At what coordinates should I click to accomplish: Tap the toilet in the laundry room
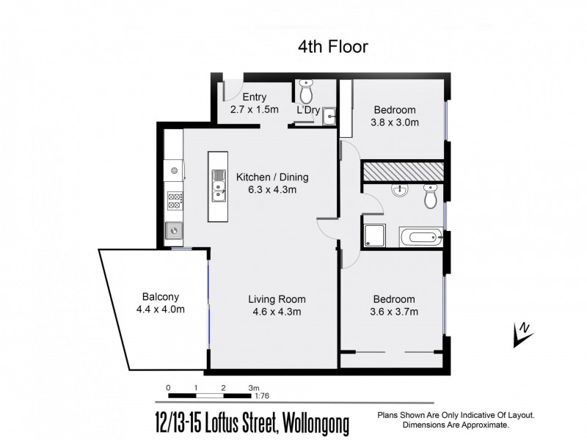click(x=305, y=92)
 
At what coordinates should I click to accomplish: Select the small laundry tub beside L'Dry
click(x=329, y=114)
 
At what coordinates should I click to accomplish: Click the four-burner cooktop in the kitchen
click(x=175, y=200)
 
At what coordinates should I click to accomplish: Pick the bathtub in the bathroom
click(x=420, y=237)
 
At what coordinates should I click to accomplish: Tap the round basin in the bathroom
click(x=399, y=191)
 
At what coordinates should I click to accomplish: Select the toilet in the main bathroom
click(x=430, y=196)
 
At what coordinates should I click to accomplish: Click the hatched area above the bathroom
click(x=403, y=170)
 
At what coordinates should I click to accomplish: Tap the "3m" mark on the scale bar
click(x=253, y=387)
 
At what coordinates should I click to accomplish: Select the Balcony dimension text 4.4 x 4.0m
click(x=160, y=309)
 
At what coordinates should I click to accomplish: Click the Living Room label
click(x=276, y=299)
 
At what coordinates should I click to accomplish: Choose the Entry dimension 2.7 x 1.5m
click(x=254, y=109)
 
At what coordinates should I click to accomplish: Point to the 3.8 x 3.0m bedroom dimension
click(x=395, y=122)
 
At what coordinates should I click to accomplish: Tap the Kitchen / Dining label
click(x=271, y=177)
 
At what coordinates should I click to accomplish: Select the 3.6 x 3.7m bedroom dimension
click(x=394, y=312)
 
